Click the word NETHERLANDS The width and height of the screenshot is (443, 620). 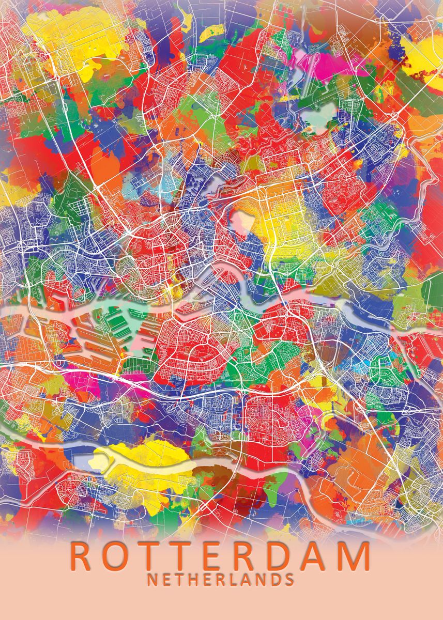click(221, 579)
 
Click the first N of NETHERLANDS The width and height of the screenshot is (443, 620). click(152, 579)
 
